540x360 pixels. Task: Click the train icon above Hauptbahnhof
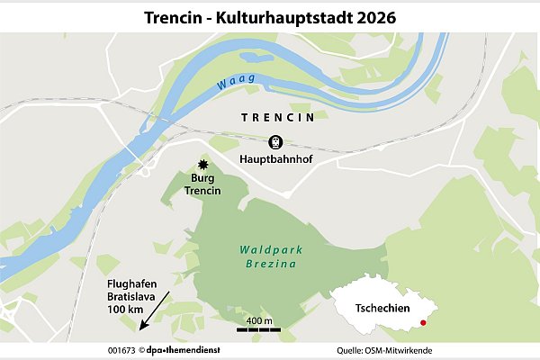click(274, 142)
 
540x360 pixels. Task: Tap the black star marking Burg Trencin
click(203, 165)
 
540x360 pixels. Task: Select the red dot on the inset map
click(423, 322)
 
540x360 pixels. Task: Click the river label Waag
click(236, 82)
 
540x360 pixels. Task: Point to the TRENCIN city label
click(277, 118)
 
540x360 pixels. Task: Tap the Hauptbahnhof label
click(274, 160)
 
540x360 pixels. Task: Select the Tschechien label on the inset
click(381, 308)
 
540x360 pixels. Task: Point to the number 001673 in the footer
click(121, 349)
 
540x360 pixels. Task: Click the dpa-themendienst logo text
click(186, 349)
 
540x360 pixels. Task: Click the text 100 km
click(124, 310)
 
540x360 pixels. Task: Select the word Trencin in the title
click(174, 16)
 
